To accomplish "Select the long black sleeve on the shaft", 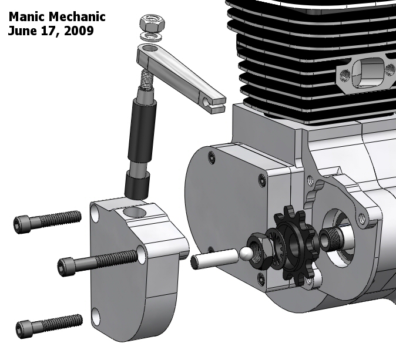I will (x=143, y=132).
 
